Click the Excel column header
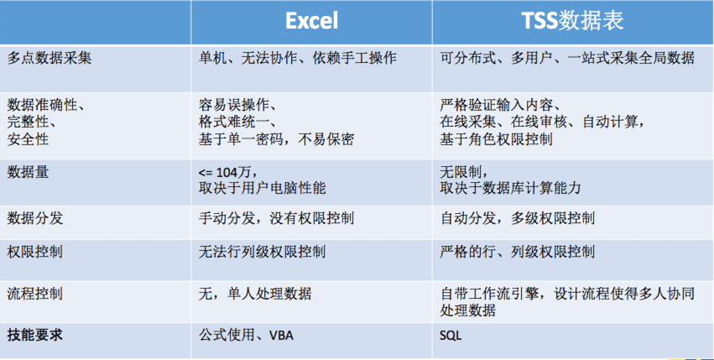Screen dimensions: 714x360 point(312,21)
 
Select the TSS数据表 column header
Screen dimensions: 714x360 point(572,21)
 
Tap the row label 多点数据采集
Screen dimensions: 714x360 point(50,59)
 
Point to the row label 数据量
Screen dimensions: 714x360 point(28,173)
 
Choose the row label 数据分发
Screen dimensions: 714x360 point(35,219)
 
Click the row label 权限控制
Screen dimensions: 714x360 point(35,252)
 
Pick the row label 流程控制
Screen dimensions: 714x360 point(35,294)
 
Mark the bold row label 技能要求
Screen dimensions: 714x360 point(35,336)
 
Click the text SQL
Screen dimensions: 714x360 point(451,337)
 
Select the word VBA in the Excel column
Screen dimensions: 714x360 point(281,337)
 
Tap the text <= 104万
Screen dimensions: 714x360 point(227,173)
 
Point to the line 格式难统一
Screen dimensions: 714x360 point(237,123)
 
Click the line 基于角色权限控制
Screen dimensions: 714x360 point(497,139)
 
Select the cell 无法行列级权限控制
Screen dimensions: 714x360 point(262,252)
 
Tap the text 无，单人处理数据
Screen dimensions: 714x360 point(255,294)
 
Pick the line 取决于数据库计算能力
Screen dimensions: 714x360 point(510,188)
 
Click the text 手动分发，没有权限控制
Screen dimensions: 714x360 point(276,219)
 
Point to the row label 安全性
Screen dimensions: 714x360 point(28,139)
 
